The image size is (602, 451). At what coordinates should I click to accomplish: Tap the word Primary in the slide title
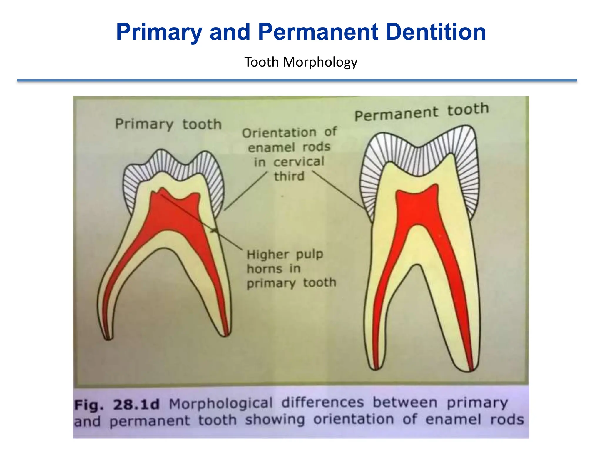(159, 32)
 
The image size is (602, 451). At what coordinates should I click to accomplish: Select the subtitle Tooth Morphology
(301, 62)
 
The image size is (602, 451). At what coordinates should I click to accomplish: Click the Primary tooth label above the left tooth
(168, 124)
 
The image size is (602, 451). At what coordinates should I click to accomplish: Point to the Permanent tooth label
(422, 112)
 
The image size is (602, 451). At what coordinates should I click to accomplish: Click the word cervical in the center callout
(299, 162)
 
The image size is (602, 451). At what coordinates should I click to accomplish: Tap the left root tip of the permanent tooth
(376, 368)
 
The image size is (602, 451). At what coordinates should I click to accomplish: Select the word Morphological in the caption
(221, 403)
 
